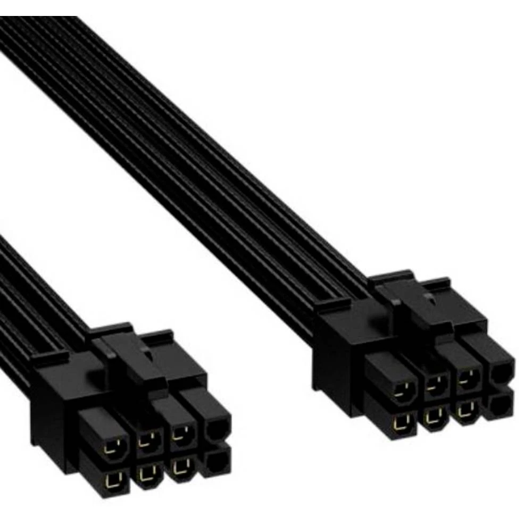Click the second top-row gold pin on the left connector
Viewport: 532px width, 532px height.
point(145,440)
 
